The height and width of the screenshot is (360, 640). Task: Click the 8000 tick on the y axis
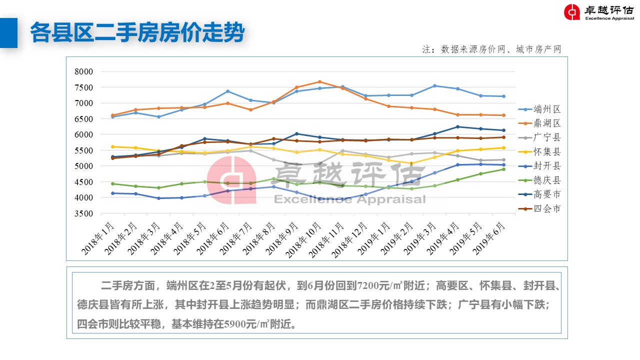(84, 71)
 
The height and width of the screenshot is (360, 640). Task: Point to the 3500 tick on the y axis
(84, 213)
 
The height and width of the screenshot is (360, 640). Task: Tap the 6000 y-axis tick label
(84, 134)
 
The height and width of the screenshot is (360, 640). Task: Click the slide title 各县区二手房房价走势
(137, 33)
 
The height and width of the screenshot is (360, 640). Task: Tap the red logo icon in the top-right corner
(572, 12)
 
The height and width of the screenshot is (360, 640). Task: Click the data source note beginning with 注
(492, 49)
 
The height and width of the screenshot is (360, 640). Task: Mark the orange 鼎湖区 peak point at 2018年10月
(319, 82)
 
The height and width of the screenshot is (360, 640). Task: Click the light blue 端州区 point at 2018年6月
(227, 91)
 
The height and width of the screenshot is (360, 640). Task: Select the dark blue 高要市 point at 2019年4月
(457, 127)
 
